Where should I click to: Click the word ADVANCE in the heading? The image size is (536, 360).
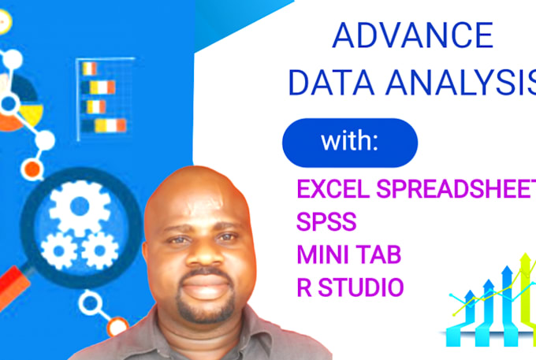pyautogui.click(x=413, y=37)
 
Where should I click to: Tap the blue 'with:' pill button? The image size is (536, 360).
pyautogui.click(x=349, y=143)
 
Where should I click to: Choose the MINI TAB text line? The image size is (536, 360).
pyautogui.click(x=347, y=254)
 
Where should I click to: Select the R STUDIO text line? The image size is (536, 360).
pyautogui.click(x=348, y=287)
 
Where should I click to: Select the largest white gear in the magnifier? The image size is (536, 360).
pyautogui.click(x=78, y=209)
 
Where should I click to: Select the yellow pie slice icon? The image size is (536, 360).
pyautogui.click(x=30, y=116)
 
